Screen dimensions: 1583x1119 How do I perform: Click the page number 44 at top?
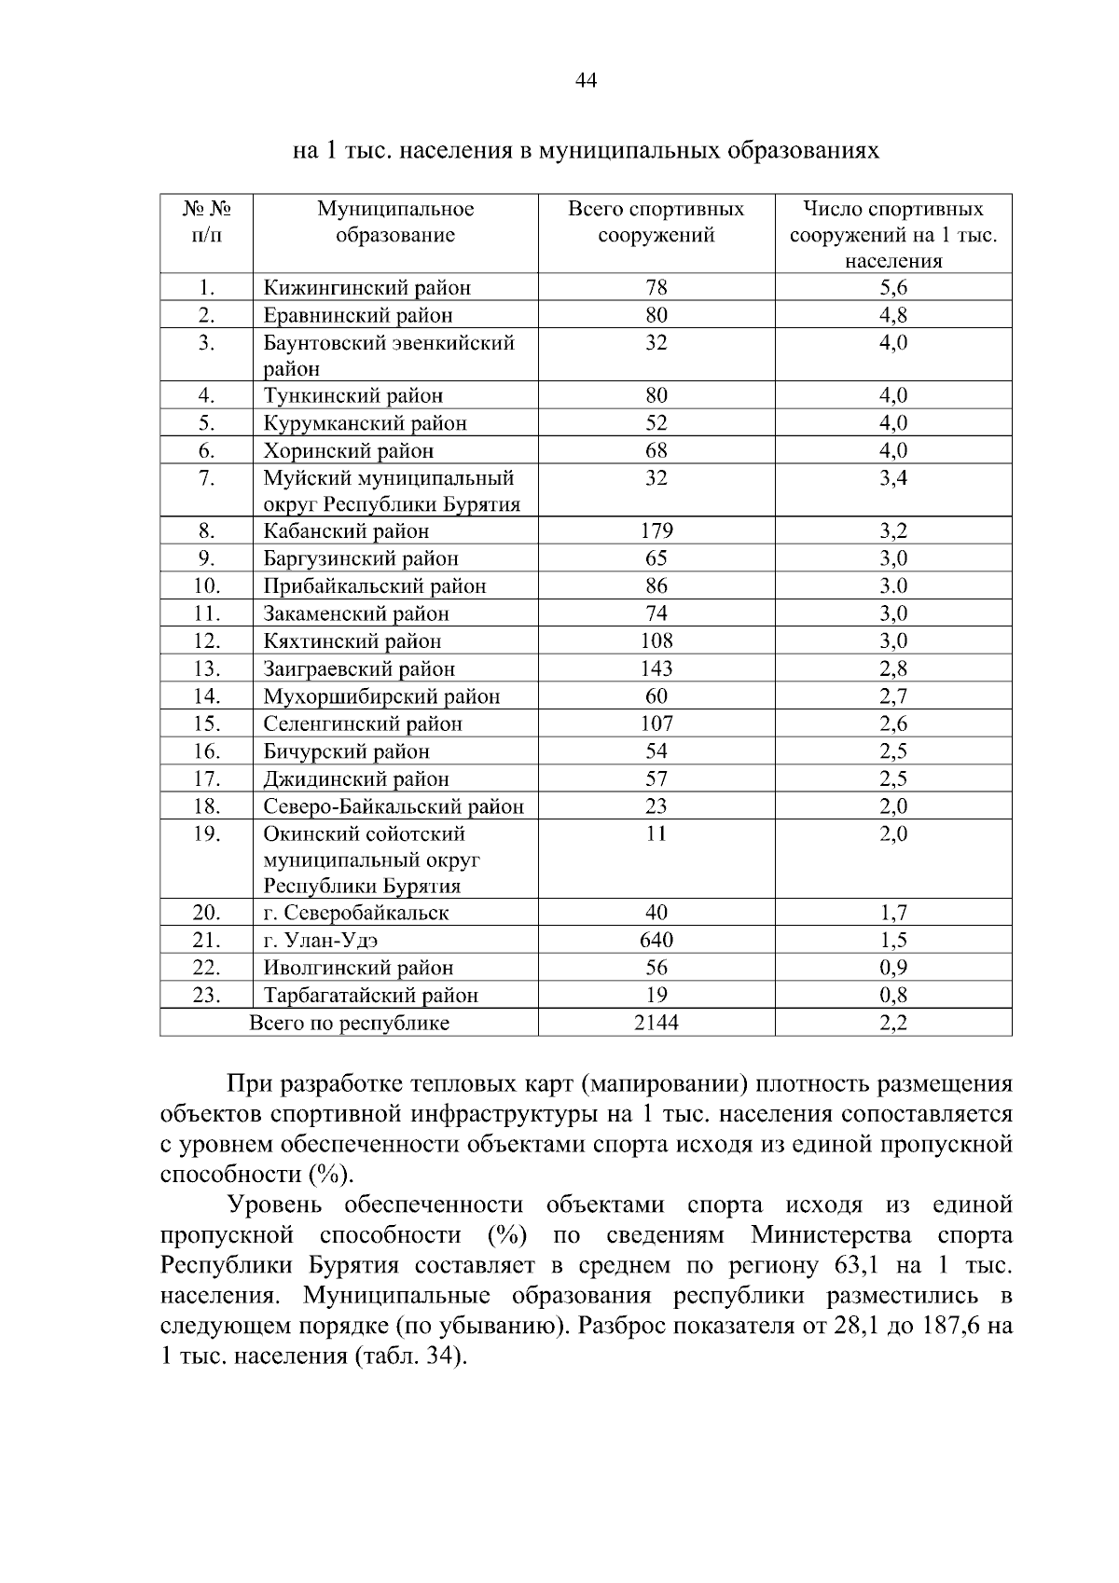[586, 80]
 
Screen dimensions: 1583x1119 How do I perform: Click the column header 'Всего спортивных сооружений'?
[656, 222]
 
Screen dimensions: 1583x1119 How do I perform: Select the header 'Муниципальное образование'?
[395, 222]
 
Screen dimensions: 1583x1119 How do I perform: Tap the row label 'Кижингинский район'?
[366, 288]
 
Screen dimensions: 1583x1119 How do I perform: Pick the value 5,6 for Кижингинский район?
[892, 288]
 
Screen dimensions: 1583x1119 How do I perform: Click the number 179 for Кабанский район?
[656, 531]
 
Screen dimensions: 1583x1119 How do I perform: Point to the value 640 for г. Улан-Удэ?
[656, 940]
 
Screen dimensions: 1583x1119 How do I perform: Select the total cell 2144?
[656, 1023]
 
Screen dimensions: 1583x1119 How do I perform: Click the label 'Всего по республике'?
[349, 1024]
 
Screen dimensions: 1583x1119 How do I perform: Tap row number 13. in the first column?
[206, 668]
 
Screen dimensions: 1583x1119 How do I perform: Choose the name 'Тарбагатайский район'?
[370, 996]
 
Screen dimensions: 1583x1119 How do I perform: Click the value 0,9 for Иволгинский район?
[892, 968]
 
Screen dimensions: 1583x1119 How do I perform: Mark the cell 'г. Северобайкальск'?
[355, 913]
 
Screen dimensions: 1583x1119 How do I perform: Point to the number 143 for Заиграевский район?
[656, 668]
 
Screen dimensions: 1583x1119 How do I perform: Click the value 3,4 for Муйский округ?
[892, 478]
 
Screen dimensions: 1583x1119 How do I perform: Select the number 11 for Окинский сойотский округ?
[656, 833]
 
